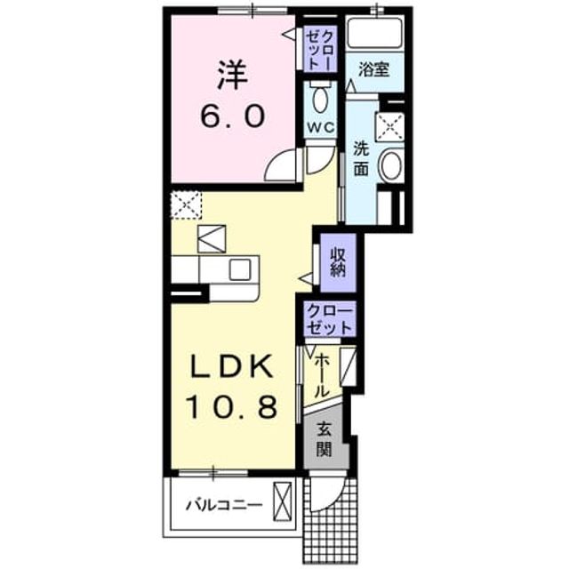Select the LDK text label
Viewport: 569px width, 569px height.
pos(232,366)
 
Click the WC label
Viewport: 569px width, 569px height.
pos(321,127)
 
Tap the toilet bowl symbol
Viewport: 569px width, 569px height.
pos(319,98)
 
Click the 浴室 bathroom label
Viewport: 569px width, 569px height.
pos(373,69)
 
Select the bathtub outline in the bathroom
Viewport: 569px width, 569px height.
pos(374,34)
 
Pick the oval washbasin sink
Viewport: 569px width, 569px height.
pos(391,167)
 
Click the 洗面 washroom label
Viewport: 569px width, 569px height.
pos(362,159)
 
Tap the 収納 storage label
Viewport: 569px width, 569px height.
pos(338,263)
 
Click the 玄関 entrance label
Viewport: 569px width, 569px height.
pos(324,439)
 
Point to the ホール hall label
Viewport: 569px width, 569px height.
pos(322,375)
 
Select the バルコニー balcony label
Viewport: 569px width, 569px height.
pos(224,505)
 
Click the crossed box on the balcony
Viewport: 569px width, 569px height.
pos(283,501)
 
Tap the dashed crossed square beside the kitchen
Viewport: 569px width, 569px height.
pos(186,205)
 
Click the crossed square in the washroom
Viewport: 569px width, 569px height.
pos(389,126)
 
